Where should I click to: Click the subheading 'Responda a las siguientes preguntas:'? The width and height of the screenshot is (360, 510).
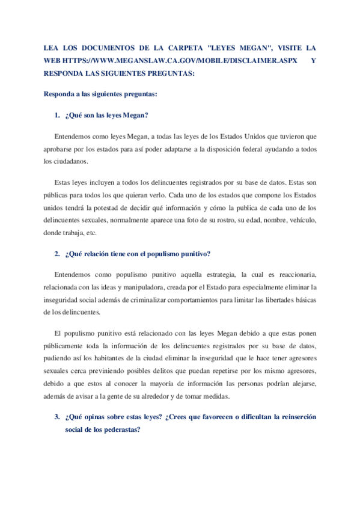pyautogui.click(x=101, y=94)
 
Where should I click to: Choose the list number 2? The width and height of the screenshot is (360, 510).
pyautogui.click(x=56, y=254)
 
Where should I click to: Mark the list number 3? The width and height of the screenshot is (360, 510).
pyautogui.click(x=56, y=416)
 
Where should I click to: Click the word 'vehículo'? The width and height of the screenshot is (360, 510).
pyautogui.click(x=302, y=220)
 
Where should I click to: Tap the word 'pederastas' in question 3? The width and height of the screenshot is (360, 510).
pyautogui.click(x=120, y=430)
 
